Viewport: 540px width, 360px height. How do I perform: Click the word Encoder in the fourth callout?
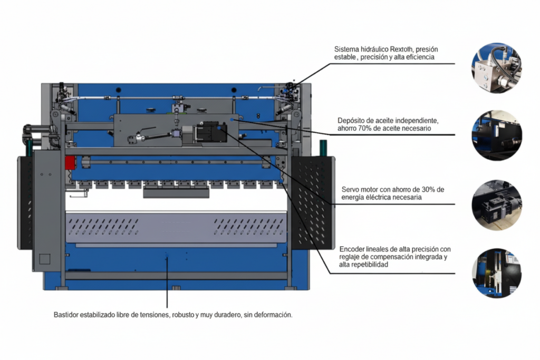[x=352, y=249]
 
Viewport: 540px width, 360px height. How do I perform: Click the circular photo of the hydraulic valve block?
[x=496, y=68]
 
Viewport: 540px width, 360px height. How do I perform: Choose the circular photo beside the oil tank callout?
[x=496, y=135]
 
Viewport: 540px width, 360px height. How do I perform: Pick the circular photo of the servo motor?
[x=496, y=205]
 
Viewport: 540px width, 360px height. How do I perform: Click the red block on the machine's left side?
[x=70, y=162]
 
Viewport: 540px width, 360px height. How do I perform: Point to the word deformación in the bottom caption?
[x=274, y=315]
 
